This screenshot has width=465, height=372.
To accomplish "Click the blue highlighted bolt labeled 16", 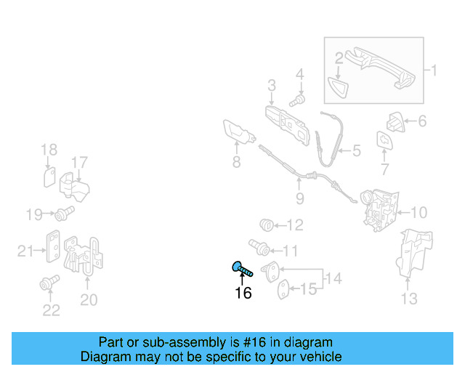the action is (242, 269).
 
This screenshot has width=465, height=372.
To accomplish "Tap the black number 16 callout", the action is (243, 293).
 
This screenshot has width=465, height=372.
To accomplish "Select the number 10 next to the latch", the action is (418, 212).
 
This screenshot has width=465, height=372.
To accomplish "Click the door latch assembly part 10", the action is (379, 209).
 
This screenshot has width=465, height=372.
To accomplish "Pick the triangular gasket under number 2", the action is (338, 86).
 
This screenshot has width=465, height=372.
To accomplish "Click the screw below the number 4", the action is (297, 100).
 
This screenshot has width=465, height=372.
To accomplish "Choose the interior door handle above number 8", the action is (239, 132).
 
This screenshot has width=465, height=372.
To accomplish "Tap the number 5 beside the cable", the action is (357, 150).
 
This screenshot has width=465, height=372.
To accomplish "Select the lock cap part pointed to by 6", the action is (395, 122).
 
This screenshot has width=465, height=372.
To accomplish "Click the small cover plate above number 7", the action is (384, 140).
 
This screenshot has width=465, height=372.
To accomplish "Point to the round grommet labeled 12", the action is (267, 225).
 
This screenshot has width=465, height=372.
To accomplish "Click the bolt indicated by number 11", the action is (259, 248).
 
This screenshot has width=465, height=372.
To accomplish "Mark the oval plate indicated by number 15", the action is (284, 289).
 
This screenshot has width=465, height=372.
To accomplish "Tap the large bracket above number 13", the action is (415, 253).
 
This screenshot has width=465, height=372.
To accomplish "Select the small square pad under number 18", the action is (49, 177).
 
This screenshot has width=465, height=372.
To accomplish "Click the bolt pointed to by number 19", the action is (65, 214).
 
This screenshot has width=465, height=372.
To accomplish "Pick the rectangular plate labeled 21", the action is (53, 246).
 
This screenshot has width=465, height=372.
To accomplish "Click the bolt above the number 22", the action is (49, 283).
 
